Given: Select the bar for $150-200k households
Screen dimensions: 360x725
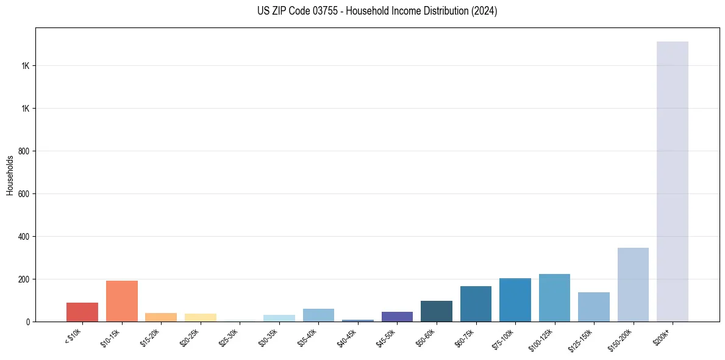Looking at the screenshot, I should click(633, 284).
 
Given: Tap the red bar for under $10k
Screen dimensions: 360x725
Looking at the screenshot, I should click(82, 312).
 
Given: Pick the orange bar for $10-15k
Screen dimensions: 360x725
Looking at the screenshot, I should click(121, 301).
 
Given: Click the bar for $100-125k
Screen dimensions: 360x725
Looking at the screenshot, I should click(554, 298).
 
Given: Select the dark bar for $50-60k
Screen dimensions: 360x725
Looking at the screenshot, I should click(436, 311).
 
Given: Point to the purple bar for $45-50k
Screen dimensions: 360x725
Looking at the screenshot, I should click(397, 317).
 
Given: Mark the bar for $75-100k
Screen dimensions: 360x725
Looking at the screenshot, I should click(515, 300).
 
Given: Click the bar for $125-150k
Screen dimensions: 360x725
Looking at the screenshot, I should click(593, 307).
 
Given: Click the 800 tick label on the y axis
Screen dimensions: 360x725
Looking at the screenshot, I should click(24, 151).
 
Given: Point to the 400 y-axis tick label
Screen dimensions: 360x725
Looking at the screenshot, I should click(24, 237).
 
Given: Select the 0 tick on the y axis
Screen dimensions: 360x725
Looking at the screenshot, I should click(28, 322).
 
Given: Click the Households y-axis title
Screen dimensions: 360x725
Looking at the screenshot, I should click(10, 175).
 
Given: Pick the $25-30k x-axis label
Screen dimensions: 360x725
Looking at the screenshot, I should click(229, 337).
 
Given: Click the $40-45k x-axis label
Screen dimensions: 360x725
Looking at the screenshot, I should click(348, 337).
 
